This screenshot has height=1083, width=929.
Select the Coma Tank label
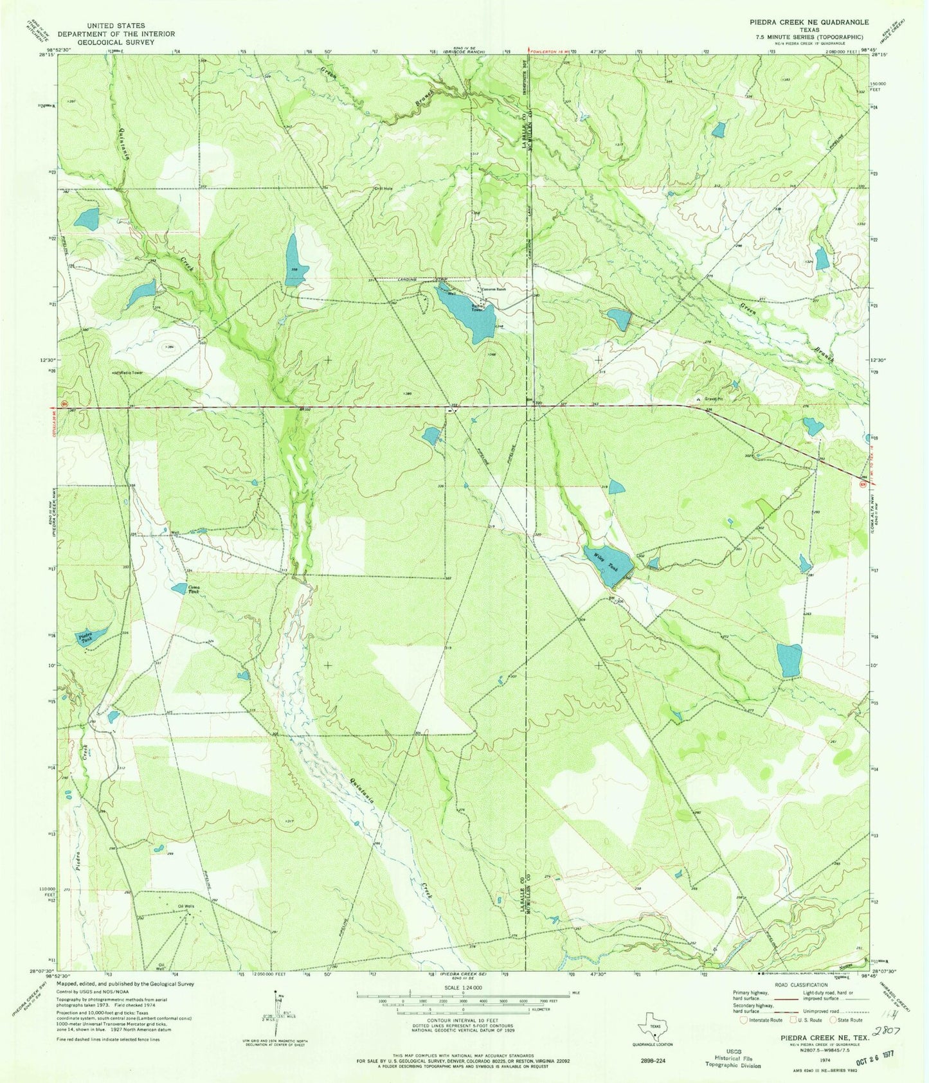coord(194,589)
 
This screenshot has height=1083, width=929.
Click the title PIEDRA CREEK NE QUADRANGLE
coord(804,22)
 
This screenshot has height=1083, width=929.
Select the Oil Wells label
coord(186,906)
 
